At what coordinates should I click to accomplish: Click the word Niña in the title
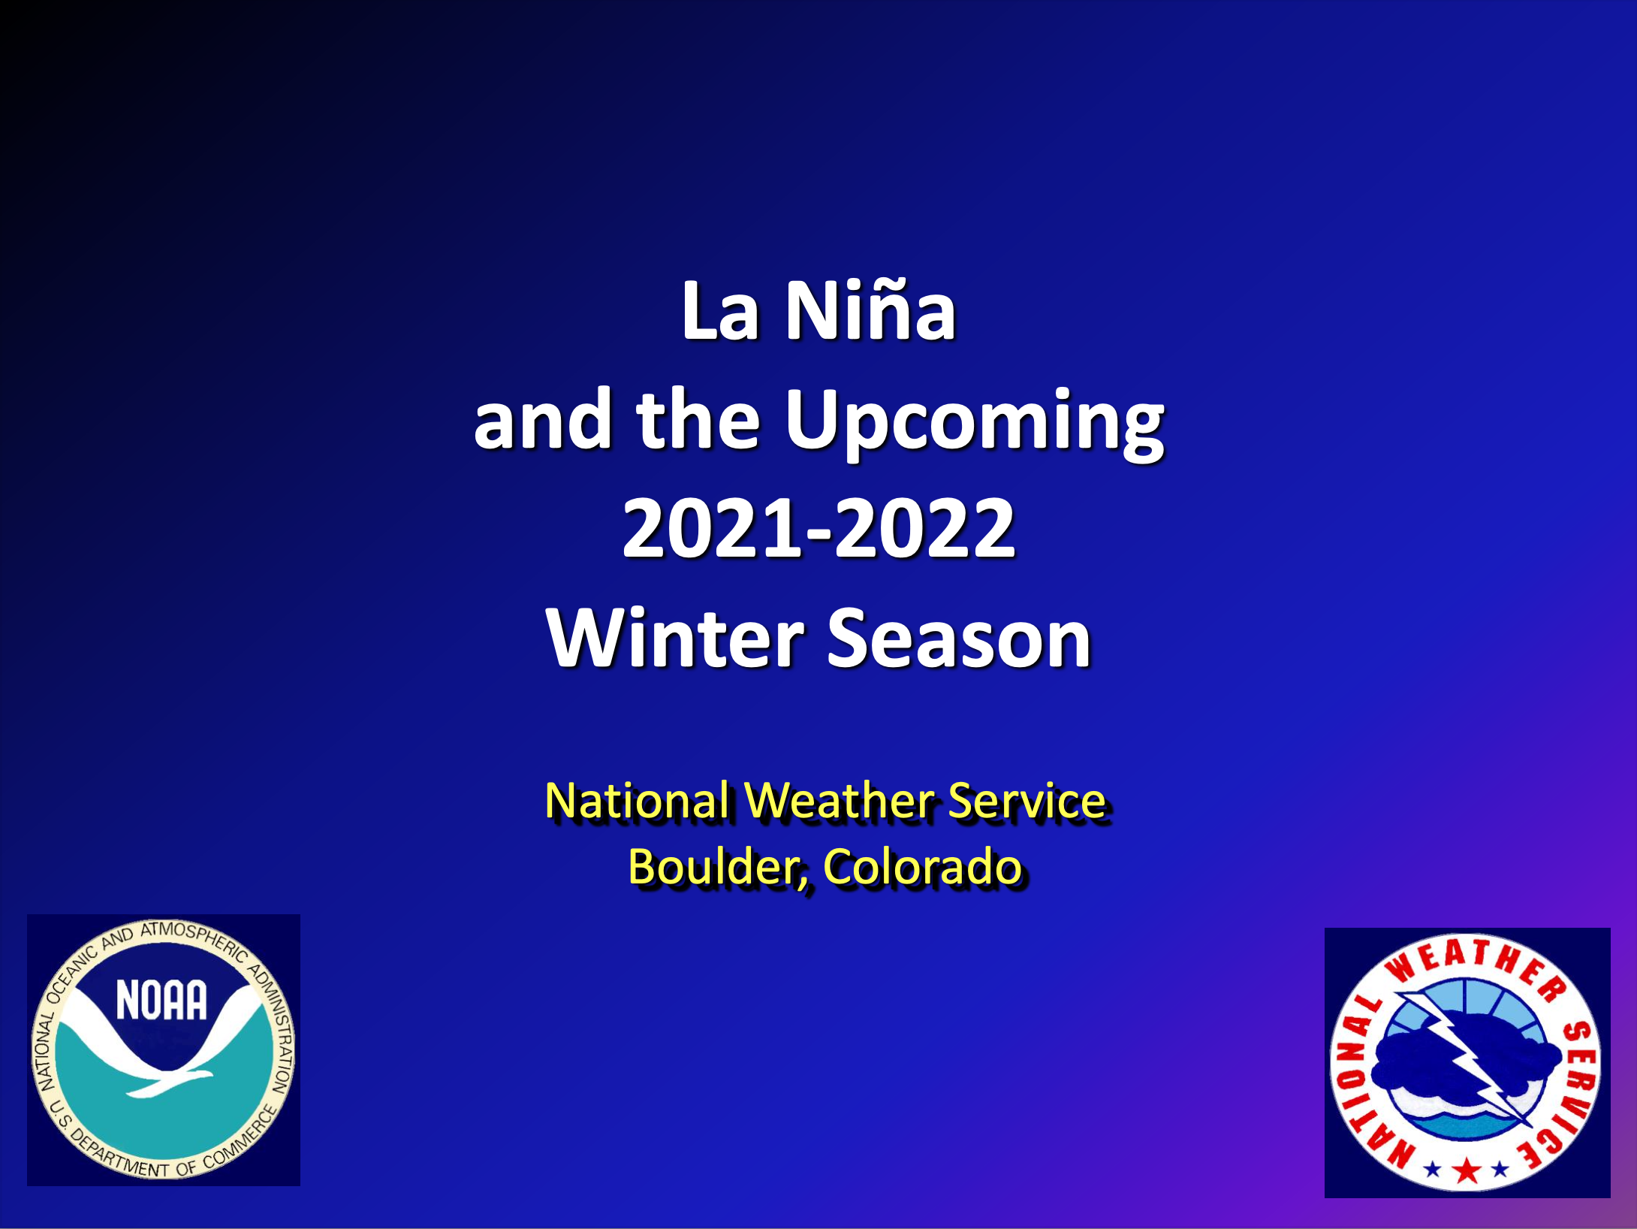click(x=870, y=310)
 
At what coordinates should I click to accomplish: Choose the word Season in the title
click(x=959, y=638)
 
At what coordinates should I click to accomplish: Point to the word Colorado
click(x=923, y=868)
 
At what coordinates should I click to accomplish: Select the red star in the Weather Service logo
click(x=1467, y=1170)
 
